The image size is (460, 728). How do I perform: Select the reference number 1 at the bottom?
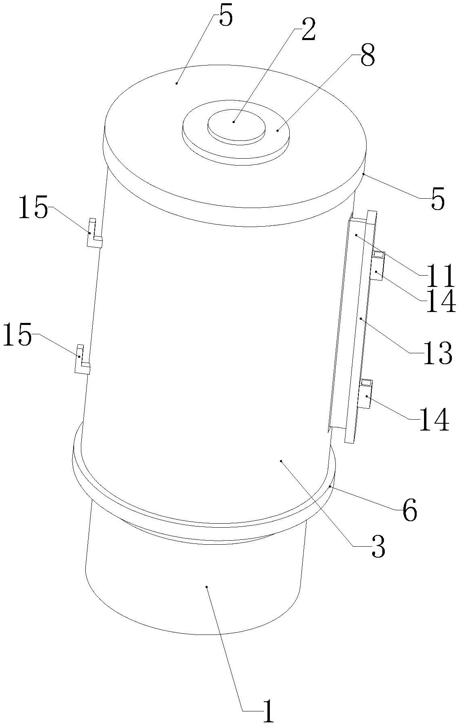(x=268, y=712)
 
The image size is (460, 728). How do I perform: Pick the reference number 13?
(x=437, y=353)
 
